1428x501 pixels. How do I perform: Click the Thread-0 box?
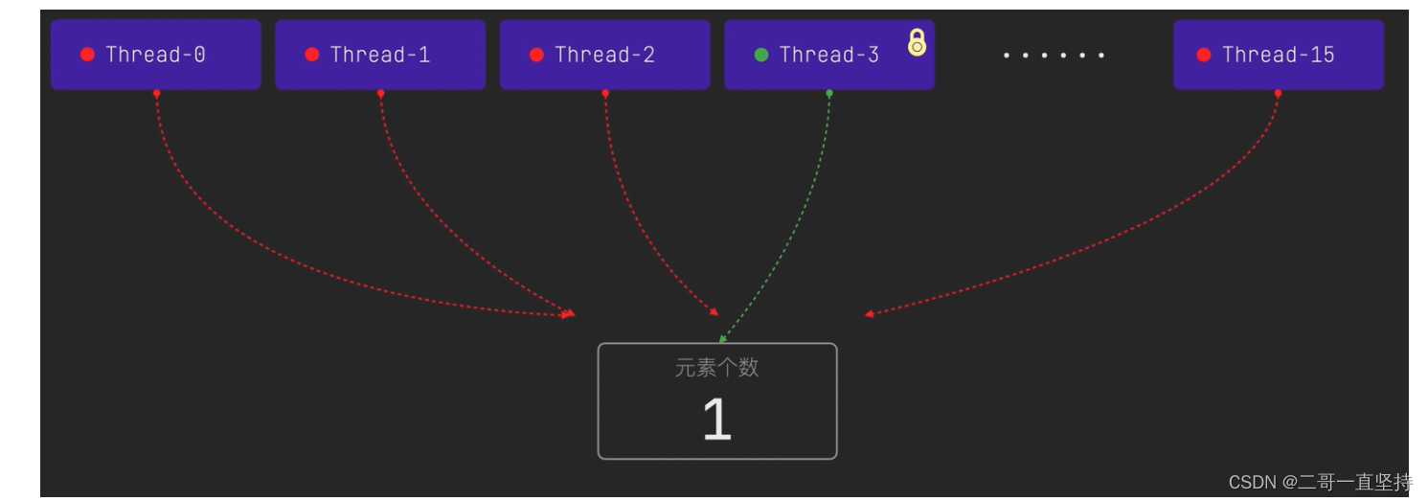(x=155, y=55)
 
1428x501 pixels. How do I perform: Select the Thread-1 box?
(x=380, y=55)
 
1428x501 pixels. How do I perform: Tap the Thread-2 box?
(x=604, y=55)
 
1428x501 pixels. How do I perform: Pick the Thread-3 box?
(x=828, y=55)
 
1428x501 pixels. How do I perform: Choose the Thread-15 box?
(x=1278, y=55)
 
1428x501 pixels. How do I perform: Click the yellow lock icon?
(x=917, y=42)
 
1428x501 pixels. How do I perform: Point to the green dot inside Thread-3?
(x=761, y=55)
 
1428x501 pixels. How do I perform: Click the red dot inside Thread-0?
(x=88, y=55)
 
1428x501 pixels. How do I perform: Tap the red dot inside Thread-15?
(x=1204, y=55)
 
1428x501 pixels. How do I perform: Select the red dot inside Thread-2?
(x=536, y=55)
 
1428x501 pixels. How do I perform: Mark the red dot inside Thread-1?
(x=312, y=55)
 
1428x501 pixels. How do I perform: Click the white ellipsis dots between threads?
(x=1054, y=56)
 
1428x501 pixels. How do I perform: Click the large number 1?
(x=716, y=420)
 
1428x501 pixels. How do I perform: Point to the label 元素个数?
(x=716, y=368)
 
